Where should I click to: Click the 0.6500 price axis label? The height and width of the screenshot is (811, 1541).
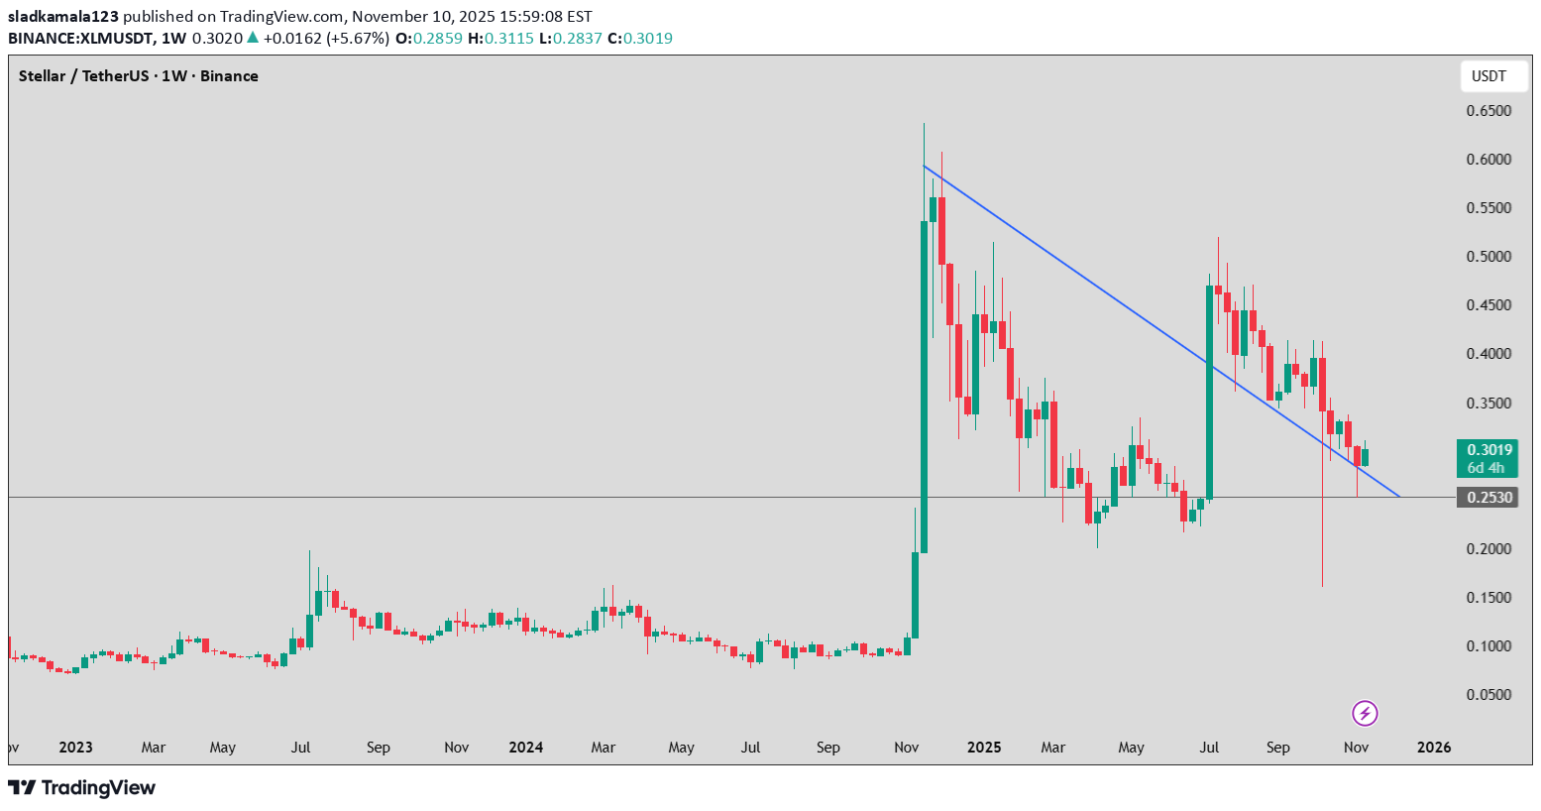coord(1488,111)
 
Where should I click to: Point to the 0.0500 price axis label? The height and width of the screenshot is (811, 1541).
coord(1488,695)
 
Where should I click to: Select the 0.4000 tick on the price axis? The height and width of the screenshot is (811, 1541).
coord(1488,354)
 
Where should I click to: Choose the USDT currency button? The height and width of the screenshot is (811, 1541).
coord(1488,76)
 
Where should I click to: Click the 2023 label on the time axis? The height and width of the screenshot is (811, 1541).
coord(75,748)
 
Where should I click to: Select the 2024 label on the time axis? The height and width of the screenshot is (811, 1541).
coord(525,748)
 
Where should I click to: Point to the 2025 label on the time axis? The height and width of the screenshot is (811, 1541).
coord(983,748)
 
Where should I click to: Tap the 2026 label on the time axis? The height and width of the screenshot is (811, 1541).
coord(1434,748)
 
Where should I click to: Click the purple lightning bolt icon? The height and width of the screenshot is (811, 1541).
coord(1365,713)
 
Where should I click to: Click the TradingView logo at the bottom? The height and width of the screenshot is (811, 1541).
coord(81,788)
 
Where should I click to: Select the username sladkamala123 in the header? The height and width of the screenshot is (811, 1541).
coord(63,17)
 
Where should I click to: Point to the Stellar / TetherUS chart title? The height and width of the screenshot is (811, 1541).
coord(138,76)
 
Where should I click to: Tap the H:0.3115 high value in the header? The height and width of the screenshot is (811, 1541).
coord(500,39)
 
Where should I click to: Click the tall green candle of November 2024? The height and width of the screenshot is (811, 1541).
coord(924,387)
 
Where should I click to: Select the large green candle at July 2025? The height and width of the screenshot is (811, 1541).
coord(1210,392)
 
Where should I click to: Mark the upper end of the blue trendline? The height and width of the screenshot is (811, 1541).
coord(924,166)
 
